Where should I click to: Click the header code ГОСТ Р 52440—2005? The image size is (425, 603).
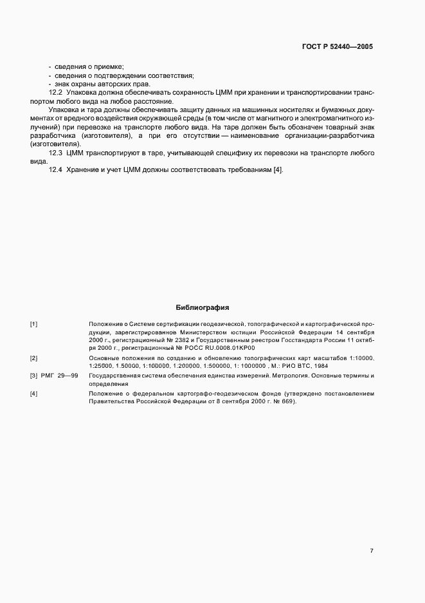[x=336, y=47]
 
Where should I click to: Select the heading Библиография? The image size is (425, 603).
[x=202, y=308]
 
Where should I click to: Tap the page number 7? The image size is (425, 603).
[x=371, y=551]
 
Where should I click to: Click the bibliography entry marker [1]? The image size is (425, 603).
[x=33, y=323]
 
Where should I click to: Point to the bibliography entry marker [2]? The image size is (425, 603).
[x=33, y=358]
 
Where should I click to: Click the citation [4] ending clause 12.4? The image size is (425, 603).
[x=278, y=169]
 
